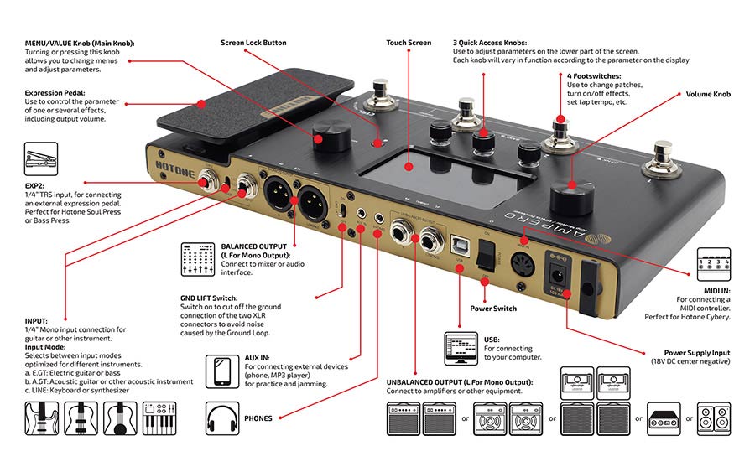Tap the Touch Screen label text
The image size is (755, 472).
(409, 43)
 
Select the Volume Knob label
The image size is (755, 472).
(708, 95)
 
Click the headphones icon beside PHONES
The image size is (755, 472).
(223, 417)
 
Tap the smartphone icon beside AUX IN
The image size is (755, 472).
(223, 370)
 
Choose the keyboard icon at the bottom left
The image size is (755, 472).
(160, 418)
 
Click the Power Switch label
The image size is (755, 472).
(493, 309)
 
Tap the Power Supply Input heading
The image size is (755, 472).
(696, 353)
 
